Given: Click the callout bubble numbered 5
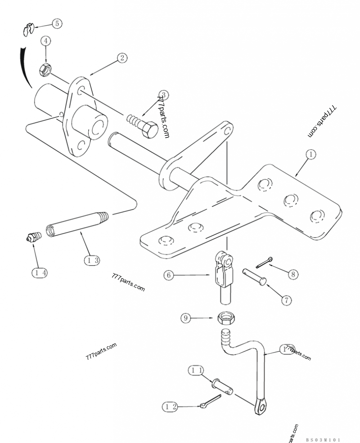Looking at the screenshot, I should tap(57, 23).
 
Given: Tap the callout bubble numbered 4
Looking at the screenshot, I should tap(45, 41).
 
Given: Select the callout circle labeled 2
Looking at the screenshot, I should tap(122, 58).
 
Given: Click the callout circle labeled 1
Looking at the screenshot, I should tap(310, 154).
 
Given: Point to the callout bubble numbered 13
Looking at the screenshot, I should tap(91, 260).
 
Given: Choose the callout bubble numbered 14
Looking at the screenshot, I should tap(39, 272).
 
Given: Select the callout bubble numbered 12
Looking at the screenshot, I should tap(169, 406).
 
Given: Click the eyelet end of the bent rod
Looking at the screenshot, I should tap(259, 407).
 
